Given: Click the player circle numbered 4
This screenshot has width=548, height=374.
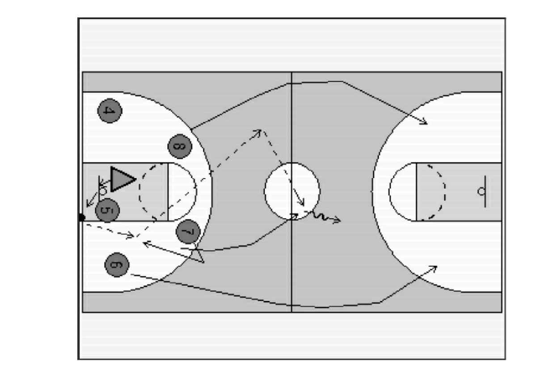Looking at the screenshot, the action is tap(110, 111).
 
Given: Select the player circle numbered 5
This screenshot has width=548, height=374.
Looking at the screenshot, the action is tap(107, 210).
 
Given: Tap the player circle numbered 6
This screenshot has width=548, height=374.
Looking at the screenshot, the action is tap(117, 265).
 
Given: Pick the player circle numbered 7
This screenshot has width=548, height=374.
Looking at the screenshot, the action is tap(188, 231).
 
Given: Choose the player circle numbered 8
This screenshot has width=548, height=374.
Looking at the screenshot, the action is tap(180, 146).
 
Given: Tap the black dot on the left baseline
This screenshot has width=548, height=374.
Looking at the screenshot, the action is tap(82, 217).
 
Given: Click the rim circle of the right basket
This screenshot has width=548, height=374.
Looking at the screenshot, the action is tap(481, 191).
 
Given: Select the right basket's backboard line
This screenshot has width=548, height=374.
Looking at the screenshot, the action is tap(485, 191).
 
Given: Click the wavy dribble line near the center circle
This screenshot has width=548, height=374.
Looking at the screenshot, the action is tap(322, 216).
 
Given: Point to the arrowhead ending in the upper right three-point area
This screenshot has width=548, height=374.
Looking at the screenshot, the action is tap(423, 121).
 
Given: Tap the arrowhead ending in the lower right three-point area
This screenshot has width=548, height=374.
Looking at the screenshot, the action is tap(433, 269).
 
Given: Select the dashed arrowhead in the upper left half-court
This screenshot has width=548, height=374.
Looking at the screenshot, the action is tap(257, 133).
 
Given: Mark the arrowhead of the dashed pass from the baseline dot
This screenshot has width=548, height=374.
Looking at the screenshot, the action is tap(130, 236).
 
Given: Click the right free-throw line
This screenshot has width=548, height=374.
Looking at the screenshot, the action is tap(417, 192).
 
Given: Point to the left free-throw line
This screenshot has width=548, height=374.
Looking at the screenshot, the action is tap(168, 192).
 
